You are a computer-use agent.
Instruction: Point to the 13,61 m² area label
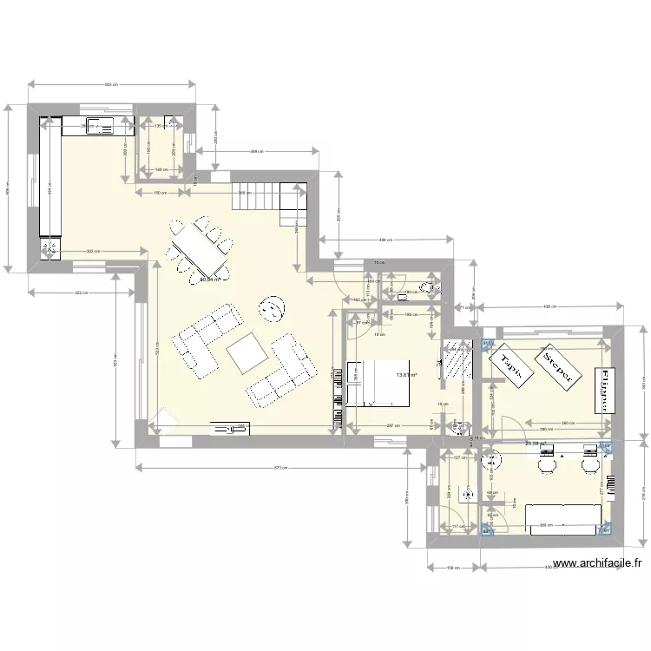pos(406,375)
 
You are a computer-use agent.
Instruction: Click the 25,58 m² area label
pos(536,444)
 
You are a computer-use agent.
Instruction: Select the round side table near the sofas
pos(271,307)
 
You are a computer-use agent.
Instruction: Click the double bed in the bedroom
pos(378,383)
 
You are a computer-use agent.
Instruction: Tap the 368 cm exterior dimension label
pos(256,151)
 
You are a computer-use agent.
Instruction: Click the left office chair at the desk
pos(548,464)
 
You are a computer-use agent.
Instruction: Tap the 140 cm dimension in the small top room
pos(160,169)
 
